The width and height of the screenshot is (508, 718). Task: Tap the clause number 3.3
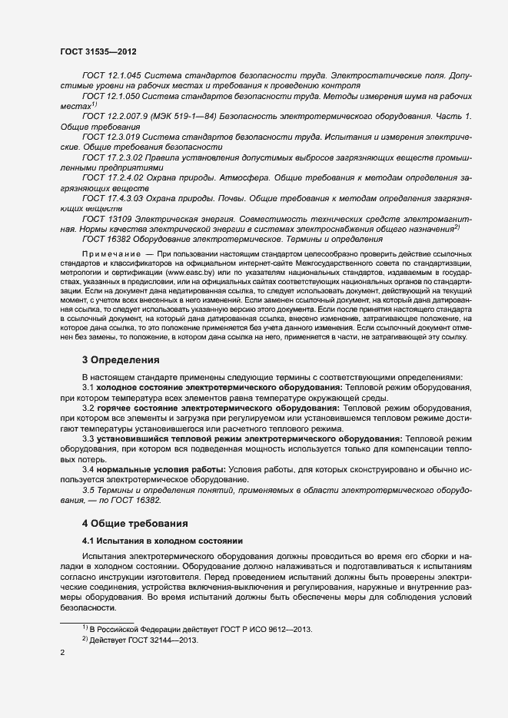[x=88, y=438]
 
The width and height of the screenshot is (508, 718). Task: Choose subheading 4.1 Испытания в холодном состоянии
[x=162, y=541]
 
